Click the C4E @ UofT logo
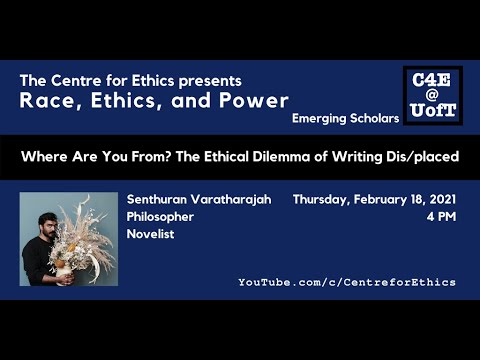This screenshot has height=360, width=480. click(x=432, y=96)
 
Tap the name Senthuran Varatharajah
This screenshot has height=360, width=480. click(x=199, y=198)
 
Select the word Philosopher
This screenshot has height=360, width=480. click(x=160, y=216)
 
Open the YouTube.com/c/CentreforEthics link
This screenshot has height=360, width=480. click(x=346, y=282)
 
